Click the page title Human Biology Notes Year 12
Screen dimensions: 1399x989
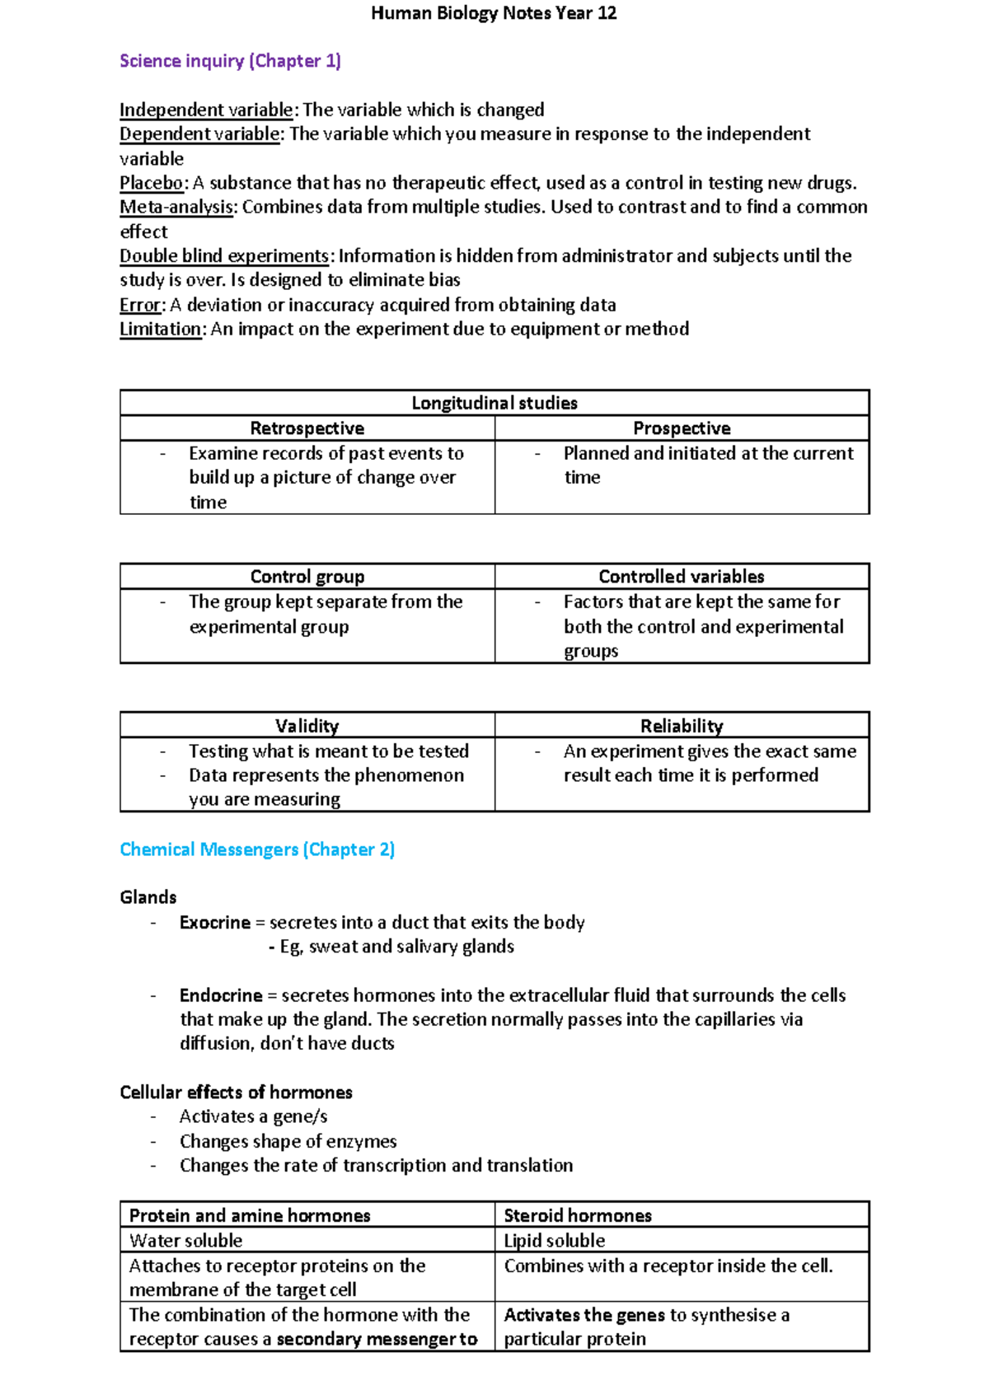coord(494,13)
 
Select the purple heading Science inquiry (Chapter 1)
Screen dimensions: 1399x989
coord(230,61)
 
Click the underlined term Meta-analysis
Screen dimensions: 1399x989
coord(177,207)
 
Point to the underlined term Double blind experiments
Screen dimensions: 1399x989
coord(224,255)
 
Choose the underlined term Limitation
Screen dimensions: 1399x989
coord(161,329)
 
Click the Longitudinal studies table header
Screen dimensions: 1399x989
coord(494,403)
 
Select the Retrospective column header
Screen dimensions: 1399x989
coord(307,428)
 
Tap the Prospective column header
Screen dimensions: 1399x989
coord(682,428)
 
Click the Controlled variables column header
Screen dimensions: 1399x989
coord(682,577)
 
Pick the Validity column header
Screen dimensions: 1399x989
coord(307,726)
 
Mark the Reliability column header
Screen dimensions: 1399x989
coord(682,726)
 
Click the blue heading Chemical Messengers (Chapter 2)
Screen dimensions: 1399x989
coord(257,849)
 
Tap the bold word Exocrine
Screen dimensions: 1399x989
coord(215,923)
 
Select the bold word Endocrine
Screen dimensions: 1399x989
coord(221,995)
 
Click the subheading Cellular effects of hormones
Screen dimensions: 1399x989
coord(236,1093)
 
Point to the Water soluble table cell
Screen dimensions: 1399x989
coord(186,1241)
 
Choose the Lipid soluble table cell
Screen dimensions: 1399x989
coord(555,1241)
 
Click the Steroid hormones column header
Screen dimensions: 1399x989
coord(578,1216)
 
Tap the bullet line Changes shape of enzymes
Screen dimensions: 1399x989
coord(288,1142)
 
